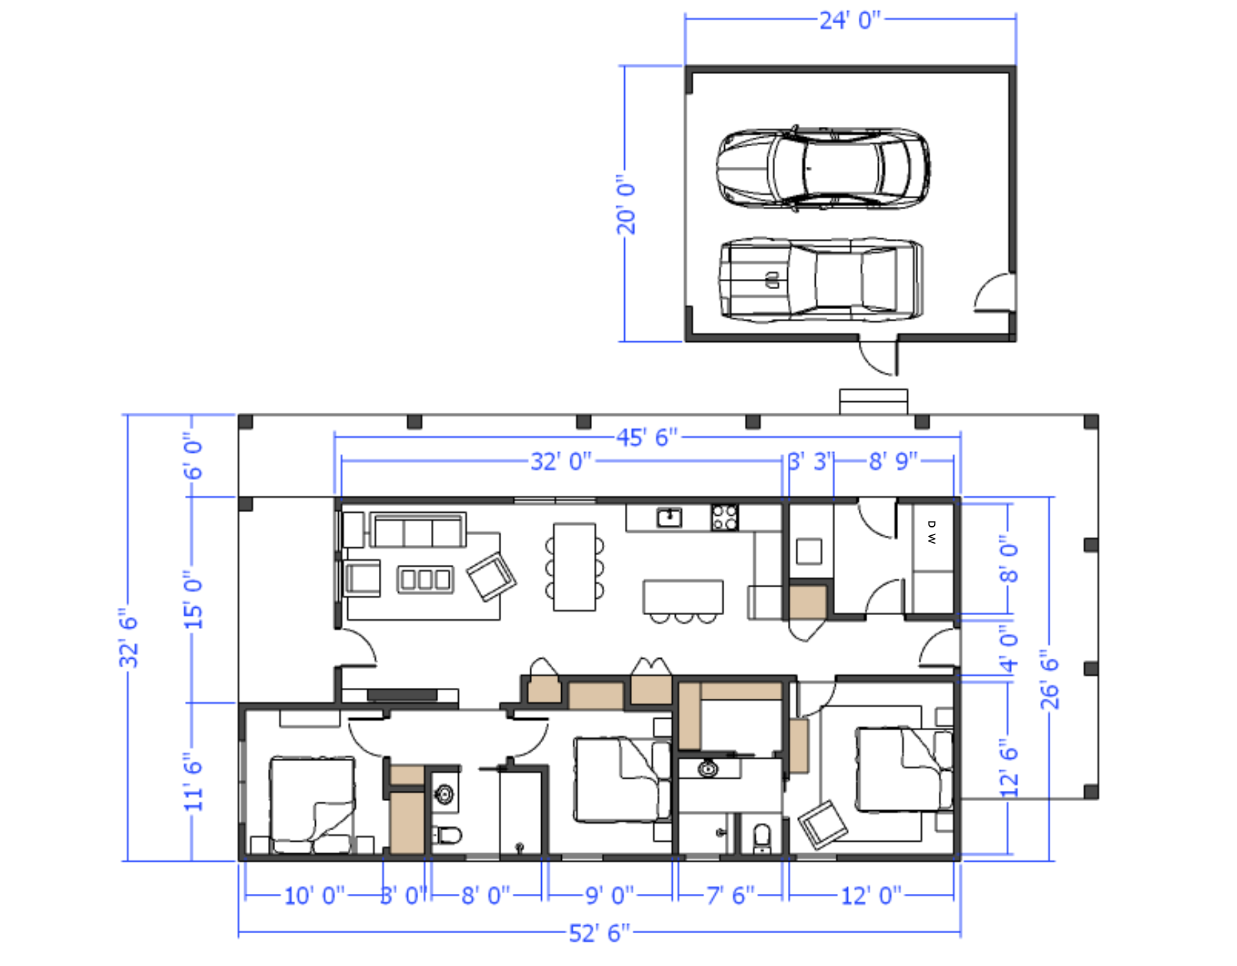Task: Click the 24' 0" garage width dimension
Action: point(850,20)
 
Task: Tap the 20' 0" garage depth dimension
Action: point(626,204)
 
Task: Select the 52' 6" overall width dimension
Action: point(599,933)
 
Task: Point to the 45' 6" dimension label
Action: point(647,437)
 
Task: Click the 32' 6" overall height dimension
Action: point(129,638)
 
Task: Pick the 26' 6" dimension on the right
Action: point(1050,679)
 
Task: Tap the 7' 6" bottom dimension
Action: point(730,895)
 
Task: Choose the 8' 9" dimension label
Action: point(893,461)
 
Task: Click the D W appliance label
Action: point(932,533)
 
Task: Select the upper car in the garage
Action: point(823,169)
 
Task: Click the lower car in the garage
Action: point(821,280)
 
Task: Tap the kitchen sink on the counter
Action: point(669,517)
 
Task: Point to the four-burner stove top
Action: point(725,518)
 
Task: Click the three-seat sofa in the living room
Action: point(418,531)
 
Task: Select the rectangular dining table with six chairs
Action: point(574,567)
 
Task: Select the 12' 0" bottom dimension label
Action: point(871,895)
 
